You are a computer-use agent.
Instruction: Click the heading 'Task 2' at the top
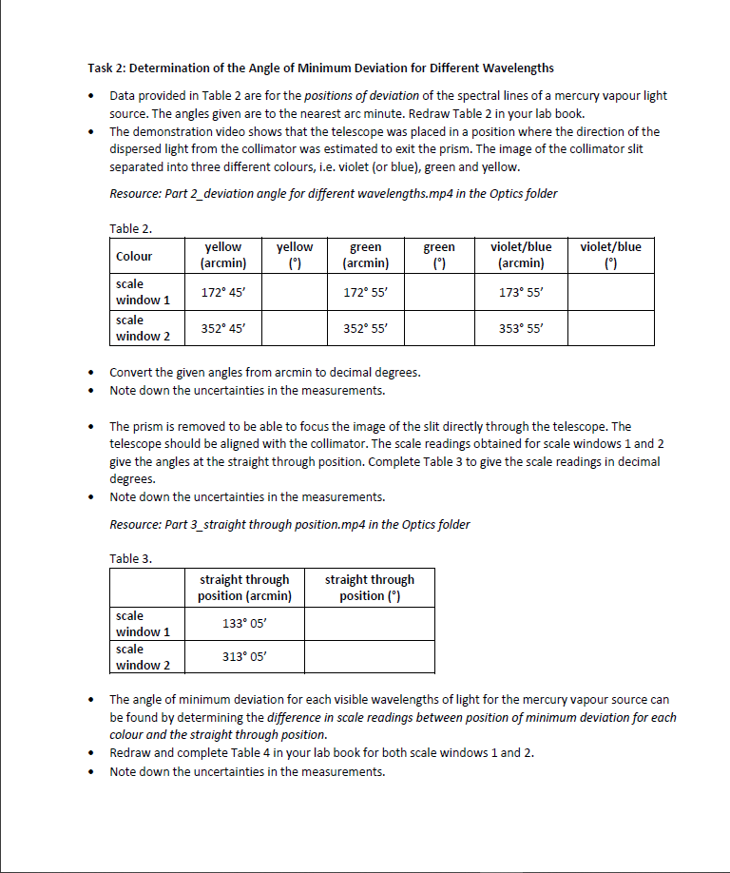click(320, 68)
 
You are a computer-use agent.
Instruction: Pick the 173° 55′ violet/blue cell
click(520, 291)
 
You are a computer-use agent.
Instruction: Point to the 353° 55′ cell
click(520, 328)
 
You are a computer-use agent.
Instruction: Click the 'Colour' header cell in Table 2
click(134, 256)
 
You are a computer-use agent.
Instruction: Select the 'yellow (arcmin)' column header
click(223, 255)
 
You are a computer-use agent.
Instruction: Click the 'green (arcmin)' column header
click(366, 255)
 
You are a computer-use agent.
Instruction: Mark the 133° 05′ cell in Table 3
click(244, 623)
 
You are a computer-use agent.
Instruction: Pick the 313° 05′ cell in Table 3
click(244, 656)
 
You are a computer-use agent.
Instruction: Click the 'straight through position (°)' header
click(370, 588)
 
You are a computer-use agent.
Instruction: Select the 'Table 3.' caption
click(131, 558)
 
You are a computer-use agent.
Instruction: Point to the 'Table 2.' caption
click(131, 228)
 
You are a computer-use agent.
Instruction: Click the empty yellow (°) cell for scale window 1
click(294, 291)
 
